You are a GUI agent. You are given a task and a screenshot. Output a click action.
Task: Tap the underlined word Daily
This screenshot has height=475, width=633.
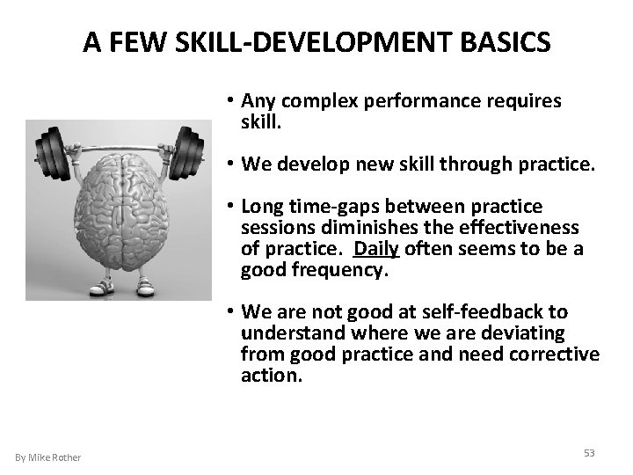click(x=377, y=249)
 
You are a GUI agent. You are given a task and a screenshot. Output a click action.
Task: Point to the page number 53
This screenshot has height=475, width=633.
click(x=589, y=452)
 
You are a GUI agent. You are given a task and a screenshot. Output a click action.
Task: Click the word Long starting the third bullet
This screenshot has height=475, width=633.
click(x=261, y=208)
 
